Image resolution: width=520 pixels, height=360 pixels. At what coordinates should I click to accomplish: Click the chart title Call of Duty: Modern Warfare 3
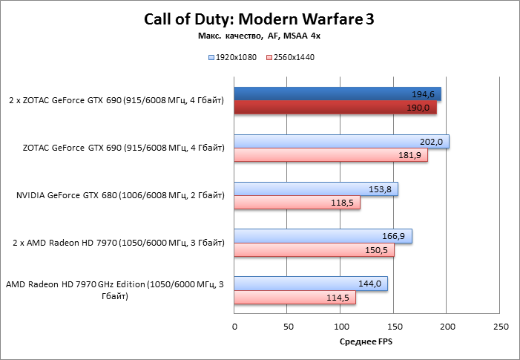(259, 20)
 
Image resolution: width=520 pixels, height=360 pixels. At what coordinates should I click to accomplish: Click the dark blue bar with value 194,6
(338, 94)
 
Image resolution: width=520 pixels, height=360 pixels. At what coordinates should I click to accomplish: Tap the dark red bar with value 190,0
(335, 108)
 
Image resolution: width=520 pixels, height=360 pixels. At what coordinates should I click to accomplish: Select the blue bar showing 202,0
(341, 142)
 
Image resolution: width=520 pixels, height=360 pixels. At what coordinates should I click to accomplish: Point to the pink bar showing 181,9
(331, 155)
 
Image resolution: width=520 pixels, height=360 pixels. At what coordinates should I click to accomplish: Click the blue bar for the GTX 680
(316, 189)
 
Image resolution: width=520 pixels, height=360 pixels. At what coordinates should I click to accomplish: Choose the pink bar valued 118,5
(297, 203)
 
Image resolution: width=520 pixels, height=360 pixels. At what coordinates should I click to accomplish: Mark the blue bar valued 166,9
(323, 236)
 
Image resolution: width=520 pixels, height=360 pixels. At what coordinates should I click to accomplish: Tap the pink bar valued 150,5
(315, 250)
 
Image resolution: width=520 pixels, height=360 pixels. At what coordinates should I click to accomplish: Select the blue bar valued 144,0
(311, 284)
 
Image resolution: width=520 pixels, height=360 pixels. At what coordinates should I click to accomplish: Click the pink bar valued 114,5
(295, 298)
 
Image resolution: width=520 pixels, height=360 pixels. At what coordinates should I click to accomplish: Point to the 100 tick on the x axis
(340, 326)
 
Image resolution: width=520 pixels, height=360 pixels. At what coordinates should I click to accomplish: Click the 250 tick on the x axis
(500, 326)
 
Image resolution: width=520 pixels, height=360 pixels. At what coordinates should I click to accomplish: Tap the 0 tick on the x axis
(234, 326)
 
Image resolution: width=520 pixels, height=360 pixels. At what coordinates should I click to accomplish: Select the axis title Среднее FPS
(366, 342)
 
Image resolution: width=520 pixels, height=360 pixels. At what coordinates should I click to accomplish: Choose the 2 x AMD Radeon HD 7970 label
(119, 243)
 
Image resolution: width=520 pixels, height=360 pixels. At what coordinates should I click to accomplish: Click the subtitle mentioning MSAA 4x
(259, 36)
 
